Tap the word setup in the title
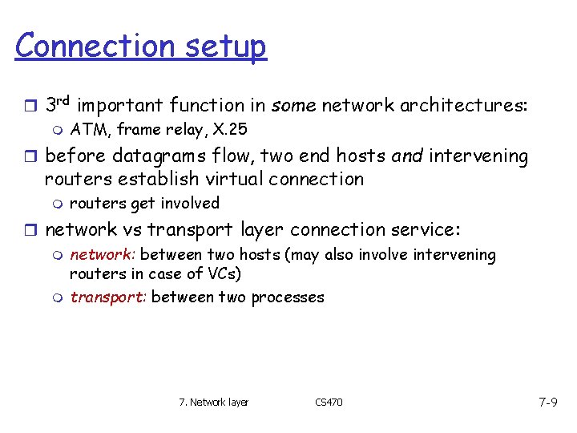[224, 47]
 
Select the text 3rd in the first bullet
[59, 104]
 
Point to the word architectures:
[464, 105]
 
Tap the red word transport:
[107, 297]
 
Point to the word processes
[288, 297]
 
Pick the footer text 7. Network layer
[213, 402]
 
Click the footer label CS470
[328, 402]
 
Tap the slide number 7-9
[547, 401]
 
